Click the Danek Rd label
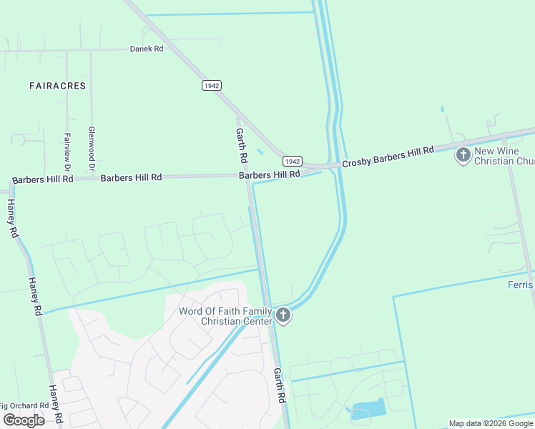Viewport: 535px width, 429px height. tap(147, 49)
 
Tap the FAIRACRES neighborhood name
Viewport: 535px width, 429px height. tap(58, 86)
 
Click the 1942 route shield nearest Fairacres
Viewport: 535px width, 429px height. tap(211, 85)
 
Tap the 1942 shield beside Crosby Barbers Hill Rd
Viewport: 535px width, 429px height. tap(293, 161)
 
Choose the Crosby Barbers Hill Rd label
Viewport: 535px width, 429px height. tap(388, 157)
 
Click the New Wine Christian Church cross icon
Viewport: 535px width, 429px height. tap(463, 154)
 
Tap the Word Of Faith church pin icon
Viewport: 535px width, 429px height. tap(283, 314)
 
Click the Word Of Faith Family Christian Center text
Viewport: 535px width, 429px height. tap(225, 316)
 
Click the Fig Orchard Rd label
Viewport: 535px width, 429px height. tap(24, 405)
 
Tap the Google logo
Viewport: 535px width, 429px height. tap(24, 420)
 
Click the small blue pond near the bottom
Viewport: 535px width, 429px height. tap(368, 410)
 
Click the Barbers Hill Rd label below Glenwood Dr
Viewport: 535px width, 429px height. tap(131, 177)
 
